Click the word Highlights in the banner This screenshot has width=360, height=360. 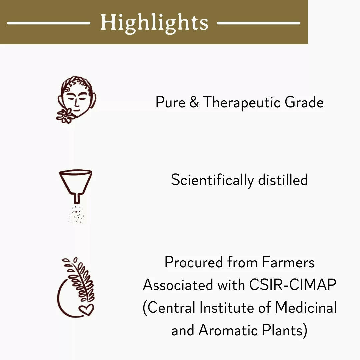click(x=154, y=23)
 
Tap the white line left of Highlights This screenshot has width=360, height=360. click(x=48, y=23)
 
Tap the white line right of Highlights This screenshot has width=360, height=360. click(x=259, y=23)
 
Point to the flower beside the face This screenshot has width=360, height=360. click(x=65, y=116)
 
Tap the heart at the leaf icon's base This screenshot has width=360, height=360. click(x=86, y=309)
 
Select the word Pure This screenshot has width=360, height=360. click(x=171, y=102)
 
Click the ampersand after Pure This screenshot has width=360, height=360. click(x=194, y=102)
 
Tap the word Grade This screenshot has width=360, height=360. click(x=304, y=102)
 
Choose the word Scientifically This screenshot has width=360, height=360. click(x=212, y=180)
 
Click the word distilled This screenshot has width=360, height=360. click(x=283, y=180)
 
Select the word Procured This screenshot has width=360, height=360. click(x=194, y=262)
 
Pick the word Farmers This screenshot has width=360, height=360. click(x=288, y=262)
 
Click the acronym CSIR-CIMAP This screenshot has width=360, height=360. click(x=293, y=285)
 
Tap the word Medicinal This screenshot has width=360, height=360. click(x=306, y=307)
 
